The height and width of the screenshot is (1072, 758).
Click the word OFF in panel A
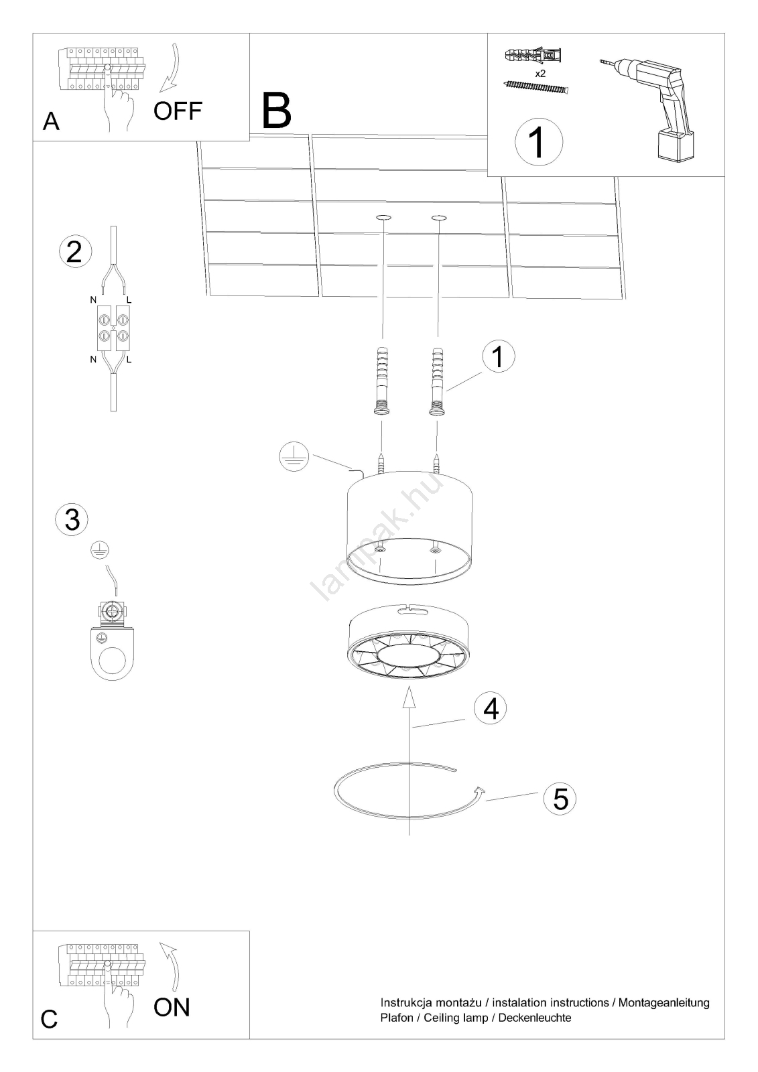pos(178,111)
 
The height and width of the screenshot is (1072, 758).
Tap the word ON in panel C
pos(172,1008)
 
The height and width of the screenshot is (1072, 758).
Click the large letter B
pos(277,111)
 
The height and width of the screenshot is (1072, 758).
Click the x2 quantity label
pos(540,74)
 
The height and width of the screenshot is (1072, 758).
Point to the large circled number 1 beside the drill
pos(539,141)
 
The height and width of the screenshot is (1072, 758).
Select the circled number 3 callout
pos(72,519)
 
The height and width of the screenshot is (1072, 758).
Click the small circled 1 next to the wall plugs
pos(499,356)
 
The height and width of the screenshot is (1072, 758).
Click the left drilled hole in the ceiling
pos(383,218)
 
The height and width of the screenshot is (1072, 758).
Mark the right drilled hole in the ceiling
pos(438,218)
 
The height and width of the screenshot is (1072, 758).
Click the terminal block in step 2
pos(113,328)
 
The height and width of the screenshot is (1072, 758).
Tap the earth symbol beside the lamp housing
pos(294,456)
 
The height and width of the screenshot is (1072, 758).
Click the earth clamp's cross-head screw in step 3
pos(113,612)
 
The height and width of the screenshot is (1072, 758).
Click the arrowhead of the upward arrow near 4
pos(408,697)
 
